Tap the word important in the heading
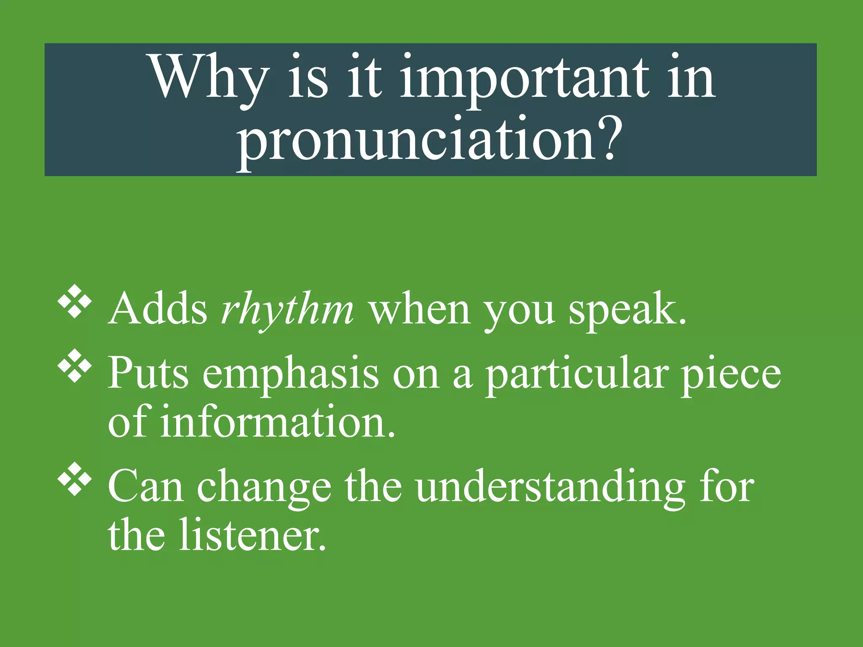pyautogui.click(x=521, y=78)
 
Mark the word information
pyautogui.click(x=278, y=422)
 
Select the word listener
pyautogui.click(x=253, y=535)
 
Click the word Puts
pyautogui.click(x=148, y=373)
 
